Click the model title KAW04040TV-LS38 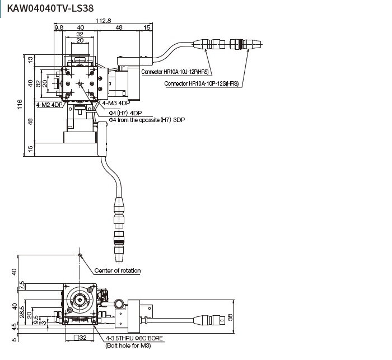coord(50,8)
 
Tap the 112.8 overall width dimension coord(103,21)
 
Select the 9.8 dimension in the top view coord(58,27)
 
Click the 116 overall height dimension coord(20,104)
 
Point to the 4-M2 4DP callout coord(49,105)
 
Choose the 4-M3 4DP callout coord(116,103)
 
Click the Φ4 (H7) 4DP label coord(125,113)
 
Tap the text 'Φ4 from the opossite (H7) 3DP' coord(147,120)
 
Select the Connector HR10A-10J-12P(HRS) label coord(175,72)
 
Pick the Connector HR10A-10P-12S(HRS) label coord(201,83)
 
